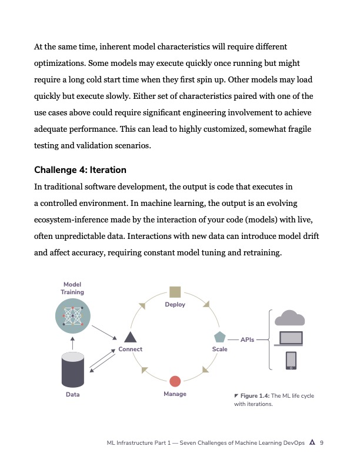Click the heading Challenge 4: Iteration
[80, 170]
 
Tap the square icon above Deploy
[175, 292]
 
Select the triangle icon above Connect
[130, 337]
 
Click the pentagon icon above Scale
[219, 337]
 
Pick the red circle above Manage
[175, 381]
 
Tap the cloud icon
[290, 318]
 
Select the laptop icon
[290, 339]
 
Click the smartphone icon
[291, 360]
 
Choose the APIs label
[248, 339]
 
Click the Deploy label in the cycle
[175, 305]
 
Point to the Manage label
[175, 394]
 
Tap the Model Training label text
[72, 288]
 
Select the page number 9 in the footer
[322, 443]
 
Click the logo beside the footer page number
[312, 443]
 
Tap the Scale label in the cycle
[219, 349]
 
